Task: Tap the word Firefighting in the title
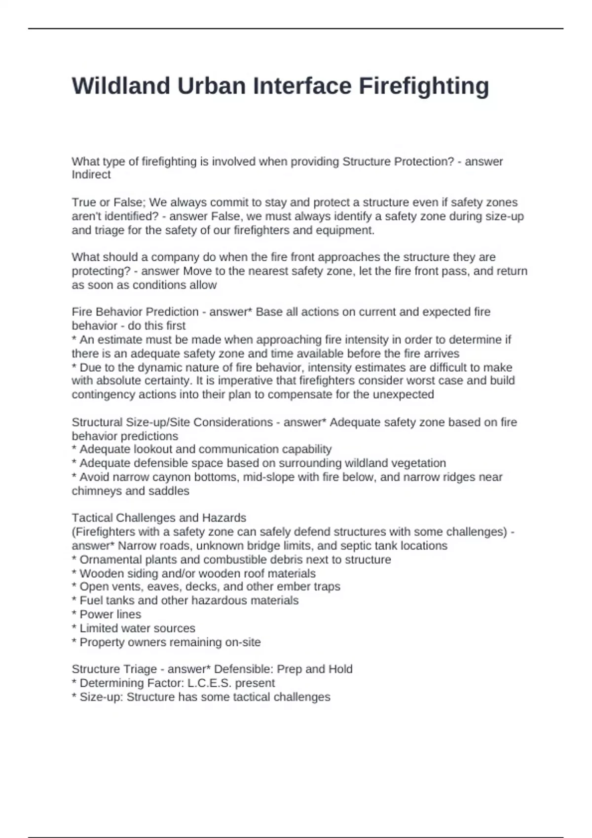[424, 86]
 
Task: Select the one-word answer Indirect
[91, 175]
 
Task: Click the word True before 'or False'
[83, 202]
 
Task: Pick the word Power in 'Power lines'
[96, 614]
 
